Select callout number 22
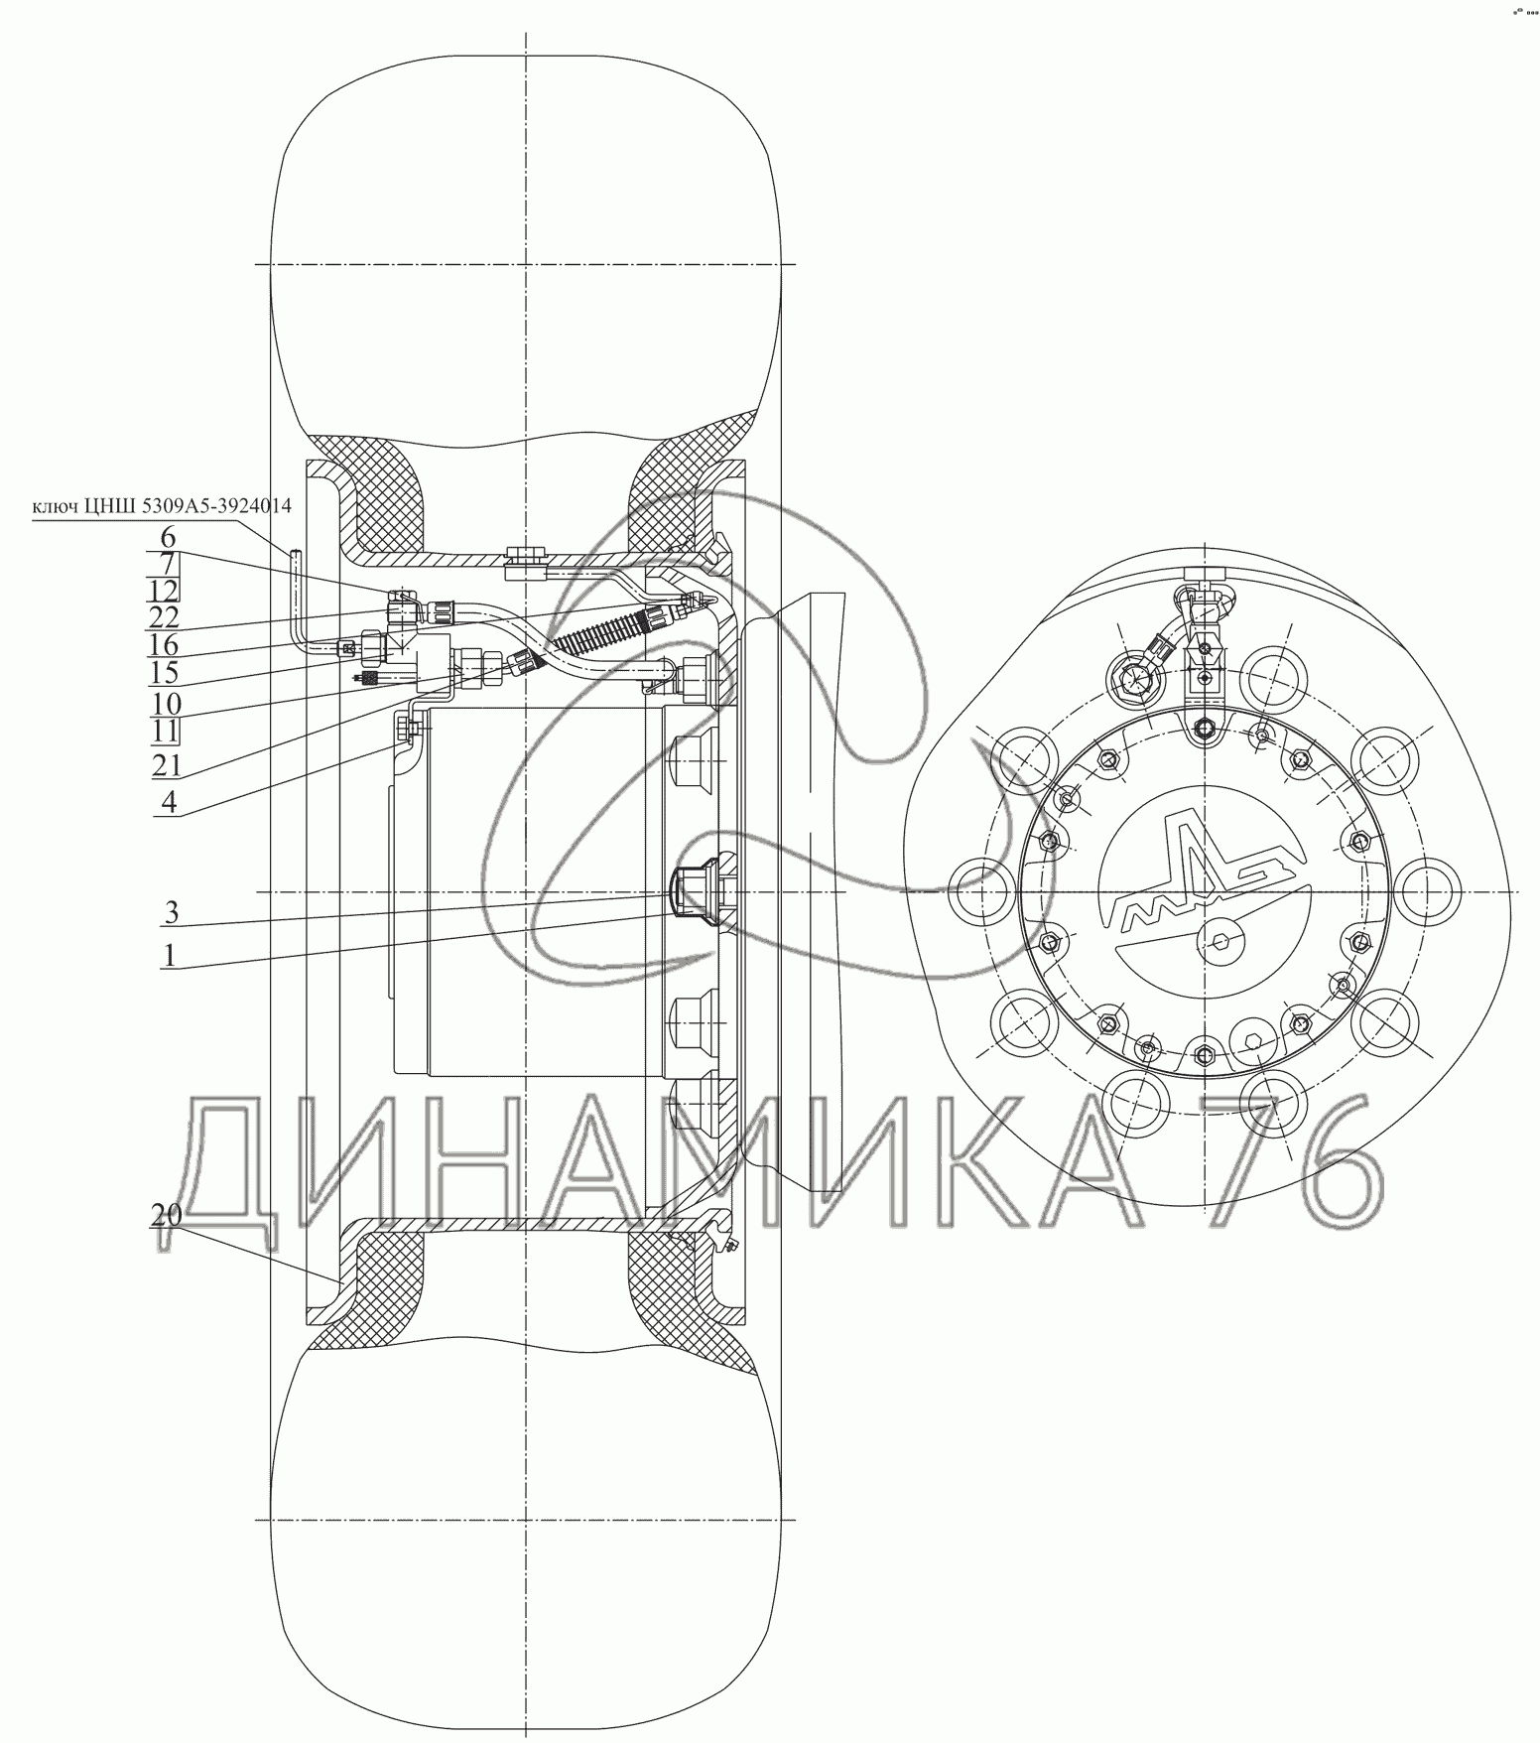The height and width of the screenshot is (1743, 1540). coord(165,617)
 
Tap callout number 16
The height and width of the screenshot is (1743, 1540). coord(165,645)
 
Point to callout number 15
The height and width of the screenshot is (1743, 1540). coord(165,673)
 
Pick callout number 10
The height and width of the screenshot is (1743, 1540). coord(166,704)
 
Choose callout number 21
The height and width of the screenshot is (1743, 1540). coord(165,764)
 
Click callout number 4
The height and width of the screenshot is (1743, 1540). coord(169,802)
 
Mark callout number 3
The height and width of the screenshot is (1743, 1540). coord(170,911)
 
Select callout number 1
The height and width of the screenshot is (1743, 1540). coord(170,955)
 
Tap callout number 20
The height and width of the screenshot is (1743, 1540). coord(165,1215)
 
